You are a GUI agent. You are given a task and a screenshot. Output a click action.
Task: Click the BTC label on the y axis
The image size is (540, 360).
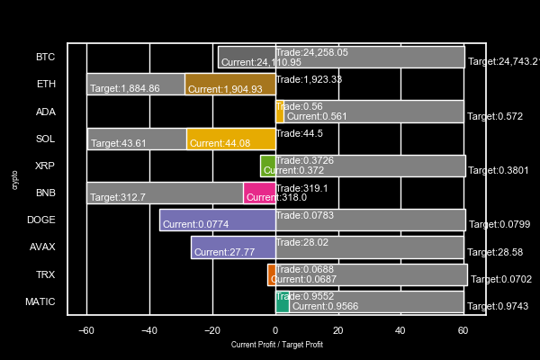click(x=45, y=57)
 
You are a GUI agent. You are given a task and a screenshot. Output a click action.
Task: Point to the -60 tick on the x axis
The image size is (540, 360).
click(x=86, y=330)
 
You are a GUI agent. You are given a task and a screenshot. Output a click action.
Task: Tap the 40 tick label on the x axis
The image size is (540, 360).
click(x=400, y=330)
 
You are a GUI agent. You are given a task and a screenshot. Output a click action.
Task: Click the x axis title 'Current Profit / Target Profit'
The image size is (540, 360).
click(x=276, y=345)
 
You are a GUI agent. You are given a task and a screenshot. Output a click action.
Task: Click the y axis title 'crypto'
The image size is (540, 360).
click(x=15, y=179)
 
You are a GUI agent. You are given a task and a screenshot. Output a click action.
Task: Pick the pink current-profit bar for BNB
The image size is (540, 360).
click(x=259, y=193)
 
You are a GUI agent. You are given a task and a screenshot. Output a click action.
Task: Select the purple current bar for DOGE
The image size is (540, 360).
click(x=217, y=220)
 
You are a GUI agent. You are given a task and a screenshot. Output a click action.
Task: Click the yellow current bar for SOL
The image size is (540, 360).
click(x=230, y=139)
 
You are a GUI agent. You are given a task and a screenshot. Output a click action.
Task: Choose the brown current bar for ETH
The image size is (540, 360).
click(x=229, y=85)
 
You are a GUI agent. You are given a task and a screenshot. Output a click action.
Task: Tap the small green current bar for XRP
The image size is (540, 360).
click(x=267, y=166)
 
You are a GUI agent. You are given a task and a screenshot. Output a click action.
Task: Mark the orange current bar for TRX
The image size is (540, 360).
click(x=271, y=274)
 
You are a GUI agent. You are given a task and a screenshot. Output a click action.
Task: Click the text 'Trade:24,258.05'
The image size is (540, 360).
click(x=311, y=52)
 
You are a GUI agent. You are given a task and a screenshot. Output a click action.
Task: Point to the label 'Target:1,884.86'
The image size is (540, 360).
click(x=125, y=89)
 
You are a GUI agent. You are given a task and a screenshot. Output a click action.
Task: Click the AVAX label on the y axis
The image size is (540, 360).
click(x=42, y=247)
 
